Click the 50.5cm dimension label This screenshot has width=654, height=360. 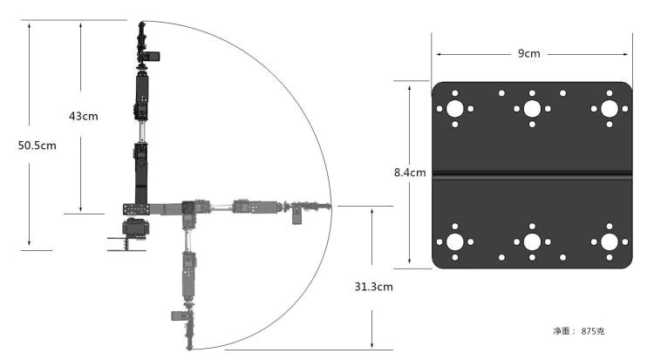click(37, 146)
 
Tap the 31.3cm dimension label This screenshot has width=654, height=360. click(373, 286)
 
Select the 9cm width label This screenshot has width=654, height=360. click(529, 54)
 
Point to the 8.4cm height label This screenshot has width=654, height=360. click(409, 173)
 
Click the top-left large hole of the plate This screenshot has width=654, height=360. click(455, 109)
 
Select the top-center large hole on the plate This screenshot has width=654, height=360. click(531, 109)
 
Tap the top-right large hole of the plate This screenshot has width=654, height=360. click(607, 109)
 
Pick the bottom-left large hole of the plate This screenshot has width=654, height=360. click(455, 241)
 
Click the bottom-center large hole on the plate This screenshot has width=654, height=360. click(531, 241)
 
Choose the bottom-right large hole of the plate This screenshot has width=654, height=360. click(607, 241)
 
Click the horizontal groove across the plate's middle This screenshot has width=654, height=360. click(531, 175)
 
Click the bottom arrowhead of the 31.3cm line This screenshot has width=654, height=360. click(373, 346)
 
